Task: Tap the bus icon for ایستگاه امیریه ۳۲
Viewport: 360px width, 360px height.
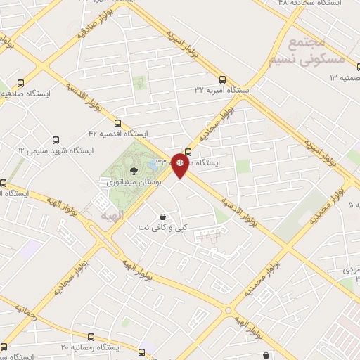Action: coord(223,79)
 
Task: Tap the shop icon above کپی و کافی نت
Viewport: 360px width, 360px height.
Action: coord(163,217)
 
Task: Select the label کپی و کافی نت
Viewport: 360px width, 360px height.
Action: coord(163,228)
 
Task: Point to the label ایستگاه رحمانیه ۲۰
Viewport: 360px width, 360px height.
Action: coord(91,347)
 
